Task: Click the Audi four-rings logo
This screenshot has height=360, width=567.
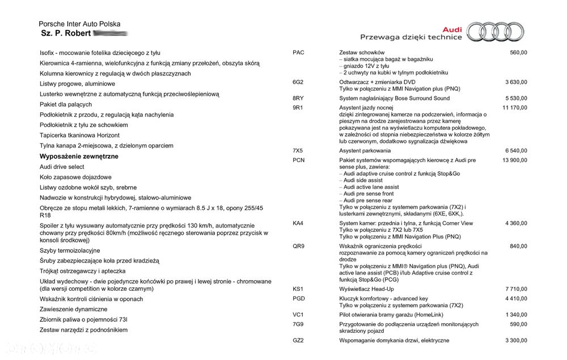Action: coord(498,32)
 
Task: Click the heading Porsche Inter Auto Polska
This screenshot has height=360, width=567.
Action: coord(79,24)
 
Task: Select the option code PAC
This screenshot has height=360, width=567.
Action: coord(298,53)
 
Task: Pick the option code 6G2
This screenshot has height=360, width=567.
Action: coord(298,82)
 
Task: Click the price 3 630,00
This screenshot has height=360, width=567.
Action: coord(514,82)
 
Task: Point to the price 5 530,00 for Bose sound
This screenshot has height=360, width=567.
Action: coord(514,99)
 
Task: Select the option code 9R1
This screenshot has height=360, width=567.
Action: coord(298,108)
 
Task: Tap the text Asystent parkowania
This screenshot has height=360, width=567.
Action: coord(365,151)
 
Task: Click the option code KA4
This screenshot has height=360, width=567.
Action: coord(298,223)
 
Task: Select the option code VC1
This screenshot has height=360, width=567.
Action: coord(298,315)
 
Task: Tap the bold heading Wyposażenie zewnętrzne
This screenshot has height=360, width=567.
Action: coord(79,156)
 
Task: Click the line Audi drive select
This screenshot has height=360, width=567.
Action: coord(62,167)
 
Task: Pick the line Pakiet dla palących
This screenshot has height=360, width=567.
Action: coord(66,104)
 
